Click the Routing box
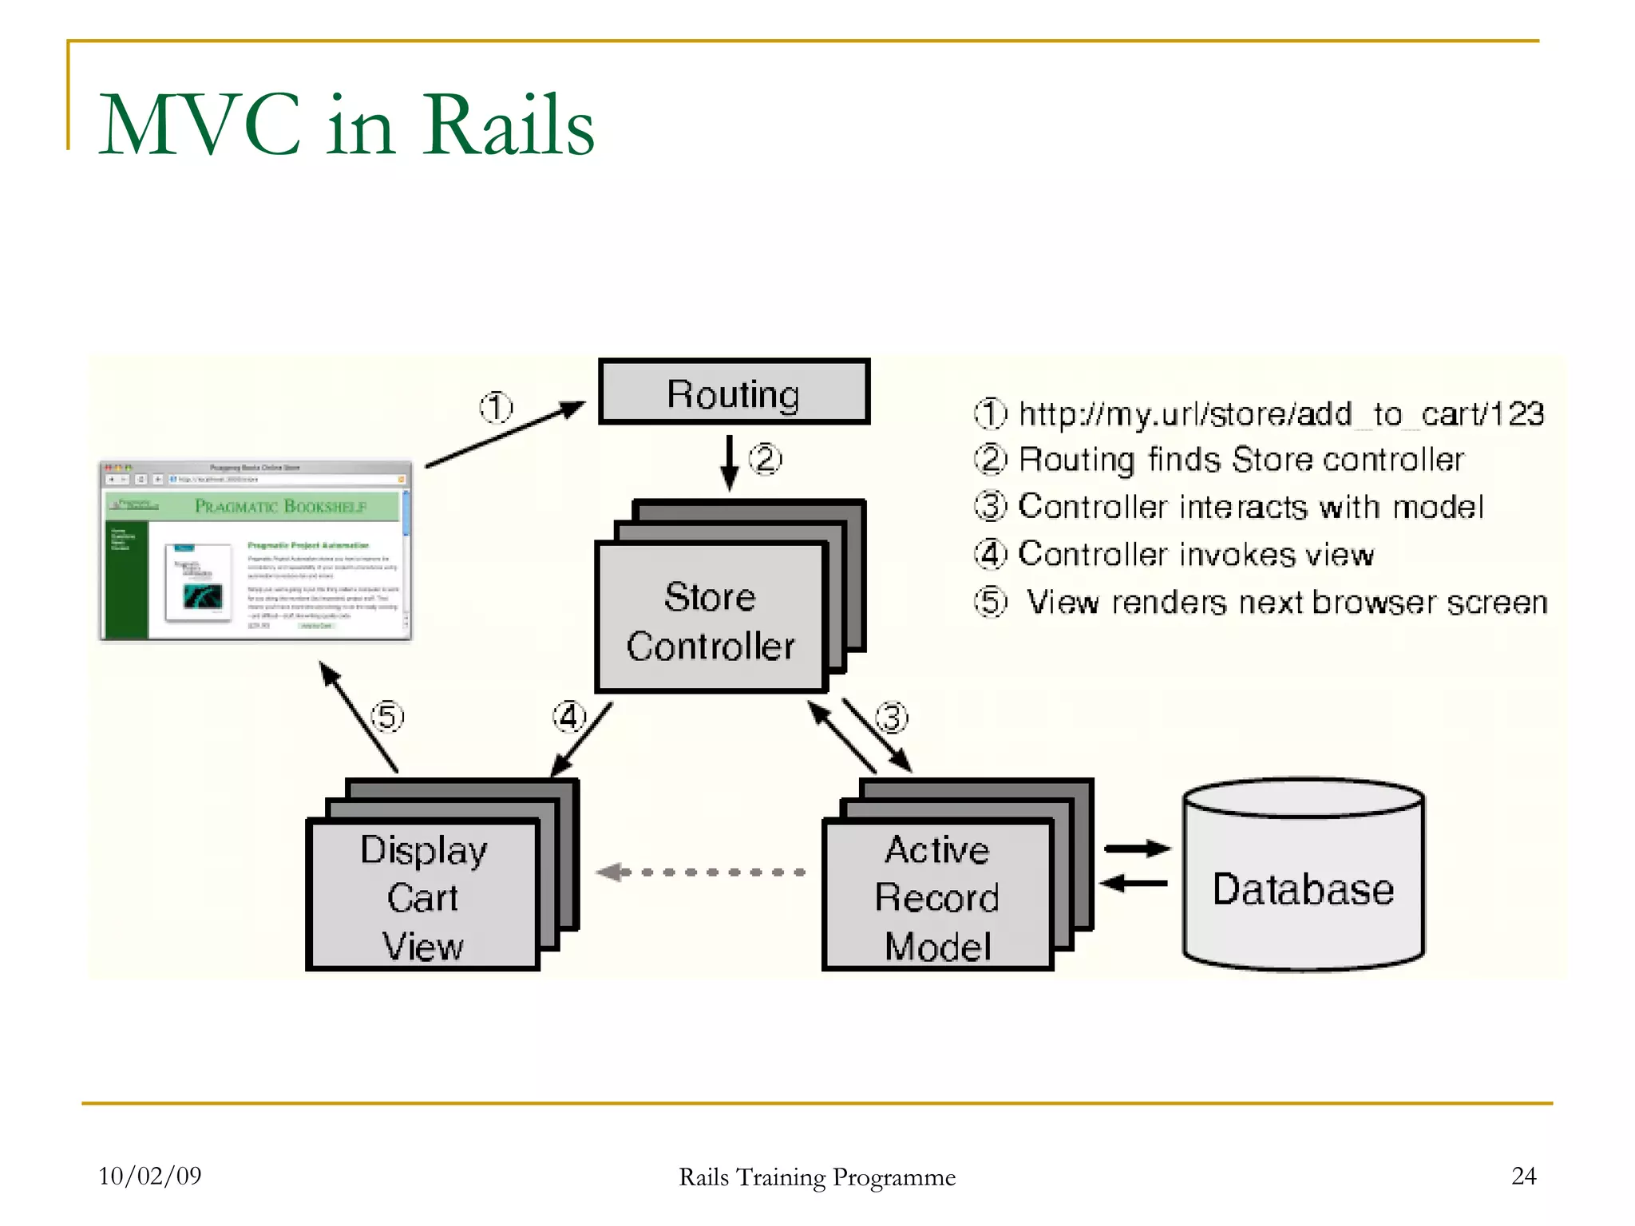click(x=734, y=392)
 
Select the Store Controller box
click(x=710, y=618)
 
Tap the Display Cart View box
click(x=422, y=895)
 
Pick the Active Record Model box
click(x=937, y=895)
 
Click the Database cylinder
click(x=1303, y=886)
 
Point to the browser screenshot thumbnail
click(x=255, y=551)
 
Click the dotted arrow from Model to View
click(x=701, y=872)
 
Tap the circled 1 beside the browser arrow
click(x=496, y=408)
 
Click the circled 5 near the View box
click(x=387, y=716)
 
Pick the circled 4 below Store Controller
click(x=569, y=717)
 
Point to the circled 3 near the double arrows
click(x=892, y=717)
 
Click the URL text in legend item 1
click(x=1281, y=414)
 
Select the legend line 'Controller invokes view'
click(x=1196, y=554)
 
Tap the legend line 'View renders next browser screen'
click(x=1285, y=602)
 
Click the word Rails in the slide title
click(x=509, y=125)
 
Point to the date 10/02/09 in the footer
click(x=149, y=1176)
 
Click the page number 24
click(x=1523, y=1176)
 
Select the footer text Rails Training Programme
click(x=817, y=1177)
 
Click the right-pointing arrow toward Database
click(x=1137, y=848)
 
